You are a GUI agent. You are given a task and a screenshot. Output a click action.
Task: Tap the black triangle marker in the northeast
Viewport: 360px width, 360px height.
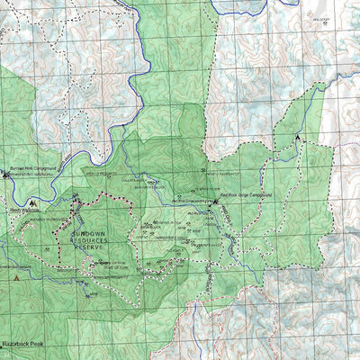tap(299, 139)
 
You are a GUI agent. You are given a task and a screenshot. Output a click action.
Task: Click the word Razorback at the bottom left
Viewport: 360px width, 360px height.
tap(20, 345)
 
